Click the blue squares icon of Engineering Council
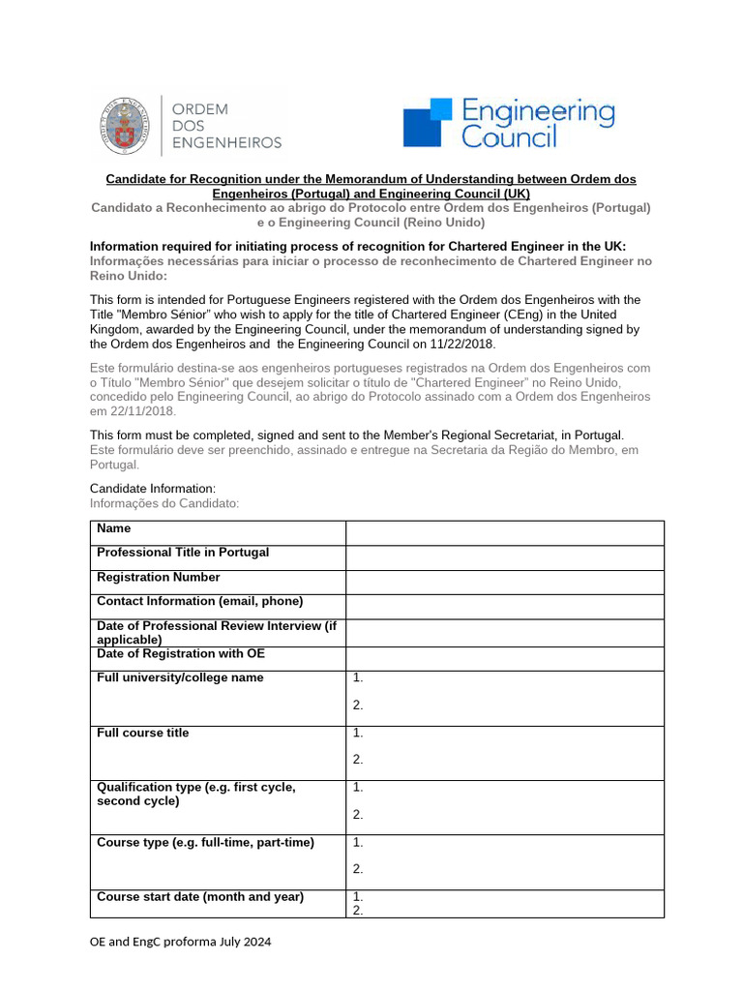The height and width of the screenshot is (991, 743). [428, 123]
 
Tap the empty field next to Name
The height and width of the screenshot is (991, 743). [504, 533]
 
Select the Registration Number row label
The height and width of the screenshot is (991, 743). [159, 578]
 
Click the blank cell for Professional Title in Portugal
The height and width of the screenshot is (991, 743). [504, 557]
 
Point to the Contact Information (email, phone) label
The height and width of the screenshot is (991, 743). [200, 602]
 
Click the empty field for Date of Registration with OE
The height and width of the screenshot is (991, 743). [504, 658]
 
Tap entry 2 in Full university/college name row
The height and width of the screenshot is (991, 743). [358, 706]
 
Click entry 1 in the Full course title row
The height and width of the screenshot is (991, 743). [358, 734]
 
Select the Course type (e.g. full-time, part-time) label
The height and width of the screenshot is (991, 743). [205, 843]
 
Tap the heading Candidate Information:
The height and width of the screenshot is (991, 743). [153, 489]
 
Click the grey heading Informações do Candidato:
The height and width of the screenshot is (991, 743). [163, 503]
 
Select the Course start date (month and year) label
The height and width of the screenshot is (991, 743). [200, 897]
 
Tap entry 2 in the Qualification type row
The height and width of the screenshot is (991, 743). [358, 815]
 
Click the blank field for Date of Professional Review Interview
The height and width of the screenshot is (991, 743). [504, 633]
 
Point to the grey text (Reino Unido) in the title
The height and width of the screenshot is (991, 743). [444, 223]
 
